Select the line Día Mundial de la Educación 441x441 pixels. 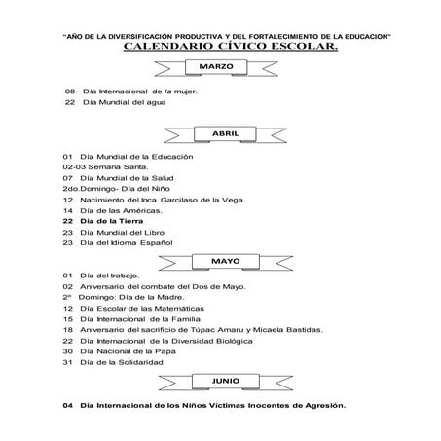[136, 156]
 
